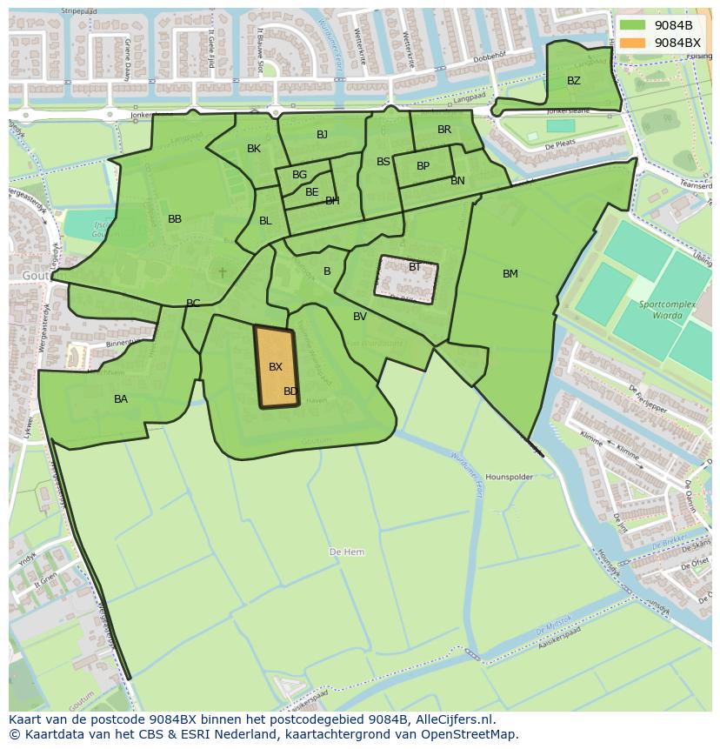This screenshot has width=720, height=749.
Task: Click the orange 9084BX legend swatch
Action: [632, 42]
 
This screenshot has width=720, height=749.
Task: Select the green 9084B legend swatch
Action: [632, 25]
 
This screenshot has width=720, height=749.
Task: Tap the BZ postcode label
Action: [574, 81]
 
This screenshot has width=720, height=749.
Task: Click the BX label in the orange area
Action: [276, 367]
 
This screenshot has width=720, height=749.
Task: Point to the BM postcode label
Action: [510, 274]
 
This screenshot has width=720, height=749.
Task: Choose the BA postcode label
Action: [121, 399]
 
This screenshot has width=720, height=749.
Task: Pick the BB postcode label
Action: [175, 219]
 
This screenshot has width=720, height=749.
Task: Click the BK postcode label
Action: [254, 149]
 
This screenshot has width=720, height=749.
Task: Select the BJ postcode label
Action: [323, 134]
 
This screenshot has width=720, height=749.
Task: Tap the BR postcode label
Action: [444, 130]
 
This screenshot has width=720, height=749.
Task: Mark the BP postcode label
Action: [423, 166]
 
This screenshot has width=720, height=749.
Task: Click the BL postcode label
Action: [265, 221]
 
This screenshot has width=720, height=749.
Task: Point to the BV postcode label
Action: [360, 317]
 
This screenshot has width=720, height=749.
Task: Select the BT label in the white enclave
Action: [415, 267]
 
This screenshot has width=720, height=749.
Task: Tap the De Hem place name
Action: [347, 552]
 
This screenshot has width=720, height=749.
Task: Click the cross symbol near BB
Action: [223, 273]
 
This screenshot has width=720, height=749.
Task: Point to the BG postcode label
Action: [300, 175]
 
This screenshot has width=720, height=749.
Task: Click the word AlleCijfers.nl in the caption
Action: [455, 719]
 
